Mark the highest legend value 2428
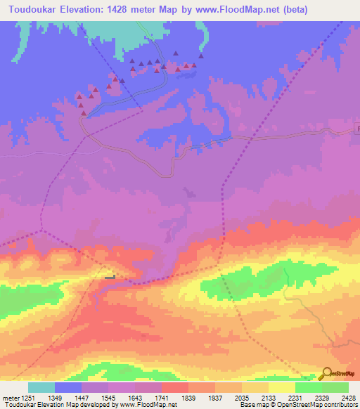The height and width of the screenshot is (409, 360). point(349,398)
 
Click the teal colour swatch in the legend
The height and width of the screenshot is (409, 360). point(41,387)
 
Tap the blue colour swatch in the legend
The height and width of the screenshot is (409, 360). point(68,387)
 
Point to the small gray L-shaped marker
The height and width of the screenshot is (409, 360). point(110,277)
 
